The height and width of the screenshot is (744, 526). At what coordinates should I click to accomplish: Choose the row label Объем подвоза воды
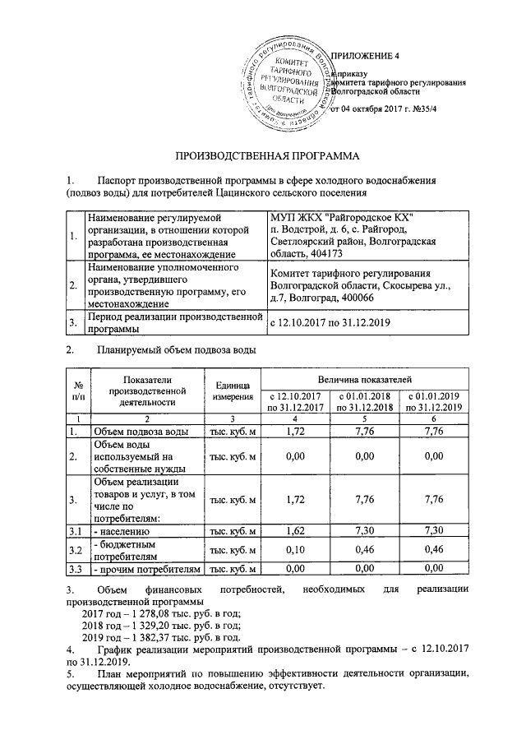[143, 431]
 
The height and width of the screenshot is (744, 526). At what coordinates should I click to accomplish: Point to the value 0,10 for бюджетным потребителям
[293, 551]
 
